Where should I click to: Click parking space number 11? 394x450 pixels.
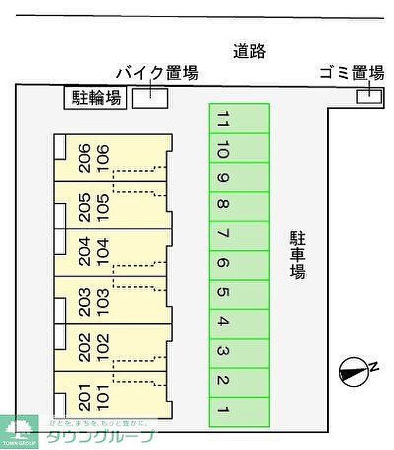point(239,119)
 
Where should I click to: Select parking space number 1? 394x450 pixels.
point(239,412)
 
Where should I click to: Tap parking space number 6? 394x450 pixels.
point(239,265)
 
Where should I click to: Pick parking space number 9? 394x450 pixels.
point(239,177)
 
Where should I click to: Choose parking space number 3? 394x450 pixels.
point(239,353)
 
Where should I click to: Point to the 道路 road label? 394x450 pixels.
point(249,51)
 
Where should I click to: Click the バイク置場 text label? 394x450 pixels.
point(157,73)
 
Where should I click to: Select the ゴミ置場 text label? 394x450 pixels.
point(351,73)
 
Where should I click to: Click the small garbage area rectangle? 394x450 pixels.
point(369,96)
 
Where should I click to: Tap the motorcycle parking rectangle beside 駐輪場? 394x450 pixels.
point(150,97)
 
